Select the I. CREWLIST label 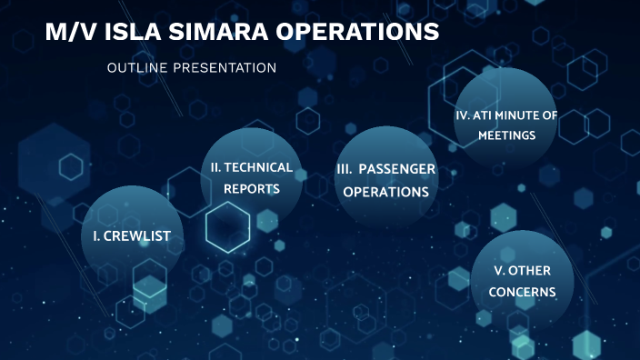click(132, 236)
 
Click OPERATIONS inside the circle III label click(385, 192)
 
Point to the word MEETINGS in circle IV click(506, 135)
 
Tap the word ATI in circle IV click(482, 115)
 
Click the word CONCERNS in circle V click(522, 292)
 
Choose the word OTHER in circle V click(529, 271)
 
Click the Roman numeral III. click(345, 170)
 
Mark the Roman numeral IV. click(461, 115)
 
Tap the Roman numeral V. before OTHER click(499, 271)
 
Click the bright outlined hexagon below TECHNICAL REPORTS click(227, 226)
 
